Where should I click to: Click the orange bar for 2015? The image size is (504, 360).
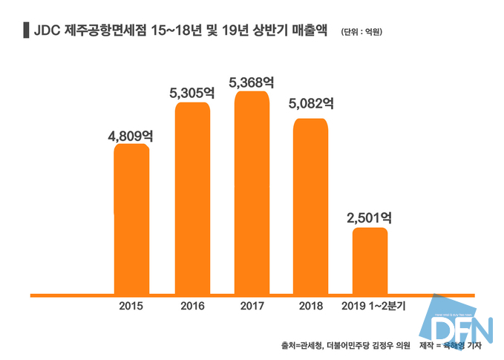tap(131, 219)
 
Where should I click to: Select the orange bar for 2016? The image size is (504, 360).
tap(192, 198)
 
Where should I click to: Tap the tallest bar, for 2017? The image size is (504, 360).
tap(252, 193)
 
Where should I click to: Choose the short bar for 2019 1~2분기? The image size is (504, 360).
tap(369, 261)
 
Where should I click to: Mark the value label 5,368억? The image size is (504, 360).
tap(252, 82)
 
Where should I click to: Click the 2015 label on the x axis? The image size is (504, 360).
tap(131, 305)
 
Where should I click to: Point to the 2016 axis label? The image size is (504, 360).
tap(192, 305)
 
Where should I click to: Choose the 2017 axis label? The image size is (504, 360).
tap(252, 305)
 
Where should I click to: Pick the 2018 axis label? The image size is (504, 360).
tap(310, 305)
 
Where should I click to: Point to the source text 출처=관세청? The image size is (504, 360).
tap(301, 346)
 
